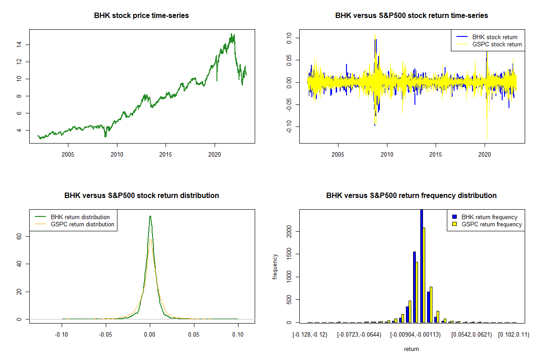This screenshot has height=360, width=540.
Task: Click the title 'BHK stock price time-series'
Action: pos(141,16)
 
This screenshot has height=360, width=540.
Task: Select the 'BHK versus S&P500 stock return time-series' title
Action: pos(411,16)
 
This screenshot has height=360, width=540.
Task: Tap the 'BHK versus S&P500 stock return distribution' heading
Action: pos(141,196)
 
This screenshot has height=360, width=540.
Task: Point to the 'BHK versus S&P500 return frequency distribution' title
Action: pos(411,196)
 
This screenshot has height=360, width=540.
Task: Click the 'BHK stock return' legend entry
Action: pos(495,37)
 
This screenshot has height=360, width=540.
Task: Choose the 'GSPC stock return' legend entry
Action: pos(497,45)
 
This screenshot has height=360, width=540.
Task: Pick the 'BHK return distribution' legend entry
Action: pos(80,217)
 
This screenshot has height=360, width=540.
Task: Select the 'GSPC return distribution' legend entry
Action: pos(82,224)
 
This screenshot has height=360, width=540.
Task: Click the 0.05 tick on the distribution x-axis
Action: pos(194,335)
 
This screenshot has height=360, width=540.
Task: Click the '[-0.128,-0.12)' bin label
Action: pos(310,335)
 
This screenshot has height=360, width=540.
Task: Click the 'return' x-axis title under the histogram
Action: pos(411,349)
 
